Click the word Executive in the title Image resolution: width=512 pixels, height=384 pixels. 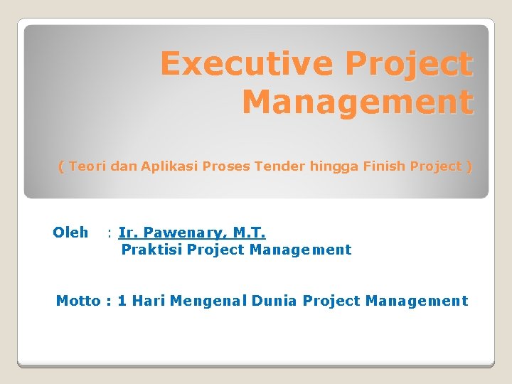tap(248, 64)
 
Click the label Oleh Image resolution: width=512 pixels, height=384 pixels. tap(70, 233)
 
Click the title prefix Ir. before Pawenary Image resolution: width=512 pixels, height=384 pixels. tap(128, 233)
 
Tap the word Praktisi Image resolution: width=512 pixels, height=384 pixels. tap(151, 250)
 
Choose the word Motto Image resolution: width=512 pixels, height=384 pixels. tap(78, 301)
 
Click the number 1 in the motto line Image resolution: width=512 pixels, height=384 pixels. tap(122, 301)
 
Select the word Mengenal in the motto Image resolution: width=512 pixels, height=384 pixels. tap(207, 302)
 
